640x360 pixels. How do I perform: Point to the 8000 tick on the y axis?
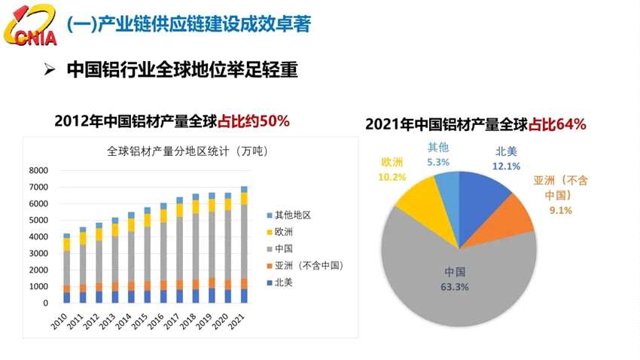(38, 170)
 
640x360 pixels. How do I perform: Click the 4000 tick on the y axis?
(38, 236)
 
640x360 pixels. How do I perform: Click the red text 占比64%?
(558, 124)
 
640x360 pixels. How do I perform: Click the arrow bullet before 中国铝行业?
(50, 70)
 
